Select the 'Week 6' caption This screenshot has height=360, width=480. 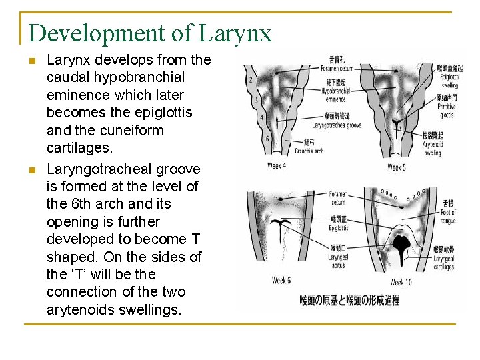tap(281, 280)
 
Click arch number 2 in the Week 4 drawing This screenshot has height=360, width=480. tap(250, 80)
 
